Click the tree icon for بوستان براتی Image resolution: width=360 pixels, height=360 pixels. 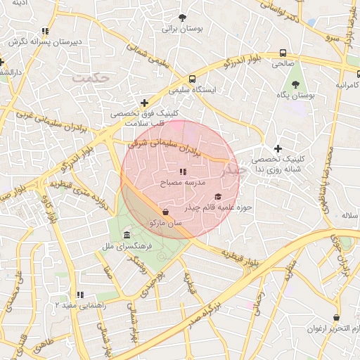pyautogui.click(x=184, y=18)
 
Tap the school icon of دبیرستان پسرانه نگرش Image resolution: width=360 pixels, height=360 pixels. pyautogui.click(x=46, y=31)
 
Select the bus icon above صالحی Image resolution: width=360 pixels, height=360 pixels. pyautogui.click(x=283, y=53)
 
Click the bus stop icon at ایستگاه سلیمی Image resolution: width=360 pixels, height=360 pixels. pyautogui.click(x=192, y=79)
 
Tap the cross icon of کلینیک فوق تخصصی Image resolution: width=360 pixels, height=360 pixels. pyautogui.click(x=145, y=103)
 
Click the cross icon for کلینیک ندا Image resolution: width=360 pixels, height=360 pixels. pyautogui.click(x=278, y=148)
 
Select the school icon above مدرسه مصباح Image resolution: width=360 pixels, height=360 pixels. pyautogui.click(x=183, y=172)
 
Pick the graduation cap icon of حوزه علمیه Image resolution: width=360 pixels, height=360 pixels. pyautogui.click(x=217, y=197)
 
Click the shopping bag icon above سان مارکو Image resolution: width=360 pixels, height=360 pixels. pyautogui.click(x=166, y=212)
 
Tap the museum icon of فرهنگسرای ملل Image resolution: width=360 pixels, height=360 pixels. pyautogui.click(x=127, y=235)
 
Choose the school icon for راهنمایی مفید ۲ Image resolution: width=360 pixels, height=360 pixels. pyautogui.click(x=80, y=295)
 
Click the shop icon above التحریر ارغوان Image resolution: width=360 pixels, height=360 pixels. pyautogui.click(x=337, y=318)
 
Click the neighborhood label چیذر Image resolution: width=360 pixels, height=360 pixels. pyautogui.click(x=233, y=169)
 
